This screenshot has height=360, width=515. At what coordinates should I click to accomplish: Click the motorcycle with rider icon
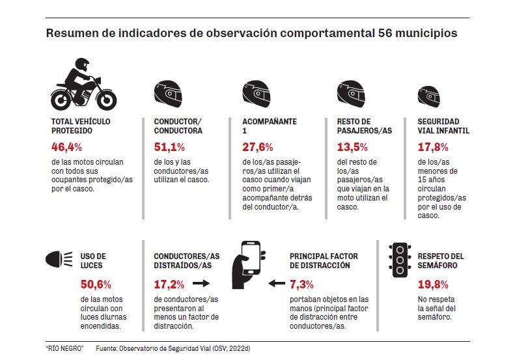tap(83, 85)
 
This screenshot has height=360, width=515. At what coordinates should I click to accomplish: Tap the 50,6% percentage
tap(96, 284)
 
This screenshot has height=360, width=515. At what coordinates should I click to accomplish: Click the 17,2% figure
tap(169, 284)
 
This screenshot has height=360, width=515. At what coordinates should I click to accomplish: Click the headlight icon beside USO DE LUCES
tap(57, 260)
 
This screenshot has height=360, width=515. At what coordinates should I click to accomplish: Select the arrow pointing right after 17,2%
tap(201, 284)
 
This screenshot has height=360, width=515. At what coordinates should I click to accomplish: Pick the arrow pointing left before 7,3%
tap(277, 284)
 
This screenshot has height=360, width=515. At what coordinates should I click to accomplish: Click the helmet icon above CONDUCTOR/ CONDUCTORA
tap(167, 94)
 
